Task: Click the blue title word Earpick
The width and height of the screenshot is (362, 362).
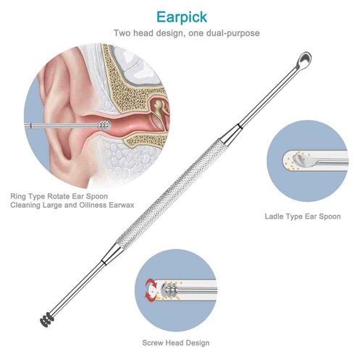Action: pyautogui.click(x=182, y=17)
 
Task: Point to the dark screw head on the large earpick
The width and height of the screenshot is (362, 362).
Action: pyautogui.click(x=47, y=319)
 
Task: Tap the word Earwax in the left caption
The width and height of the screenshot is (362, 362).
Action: pyautogui.click(x=122, y=205)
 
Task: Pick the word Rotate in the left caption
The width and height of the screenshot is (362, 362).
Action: pyautogui.click(x=57, y=196)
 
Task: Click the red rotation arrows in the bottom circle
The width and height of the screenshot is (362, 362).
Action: pyautogui.click(x=151, y=289)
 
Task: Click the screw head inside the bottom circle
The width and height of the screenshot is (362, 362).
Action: pyautogui.click(x=169, y=289)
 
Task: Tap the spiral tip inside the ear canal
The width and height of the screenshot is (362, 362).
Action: pyautogui.click(x=104, y=125)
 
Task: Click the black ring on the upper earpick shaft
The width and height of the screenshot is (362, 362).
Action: pyautogui.click(x=239, y=126)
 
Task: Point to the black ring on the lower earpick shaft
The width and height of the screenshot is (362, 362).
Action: pyautogui.click(x=104, y=262)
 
